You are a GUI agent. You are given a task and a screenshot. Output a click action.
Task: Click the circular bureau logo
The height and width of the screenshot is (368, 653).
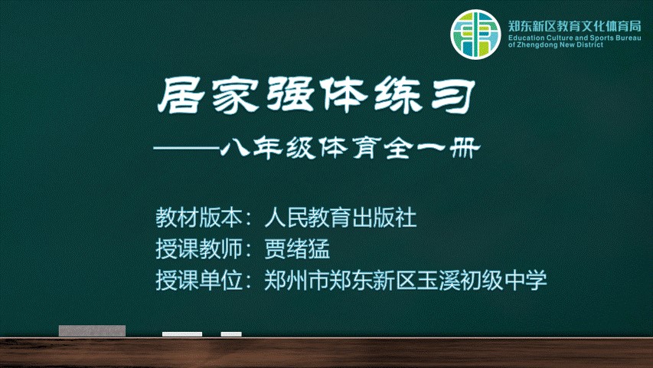pos(475,34)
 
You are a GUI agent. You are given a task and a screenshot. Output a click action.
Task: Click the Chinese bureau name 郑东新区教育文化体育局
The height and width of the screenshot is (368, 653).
pos(575,26)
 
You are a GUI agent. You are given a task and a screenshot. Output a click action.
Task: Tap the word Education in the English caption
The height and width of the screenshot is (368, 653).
pos(527,38)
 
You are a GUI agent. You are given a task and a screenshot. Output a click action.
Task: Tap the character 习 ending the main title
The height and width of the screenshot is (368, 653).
pos(453,96)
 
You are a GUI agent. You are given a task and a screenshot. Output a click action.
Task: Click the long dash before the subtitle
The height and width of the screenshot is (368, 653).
pos(187,148)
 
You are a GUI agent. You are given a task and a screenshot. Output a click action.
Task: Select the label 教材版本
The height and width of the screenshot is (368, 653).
pos(198,218)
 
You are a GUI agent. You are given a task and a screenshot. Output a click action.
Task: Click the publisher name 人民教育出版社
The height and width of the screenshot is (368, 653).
pos(341,218)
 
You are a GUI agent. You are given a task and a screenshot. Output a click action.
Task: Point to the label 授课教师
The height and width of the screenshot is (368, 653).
pos(198,248)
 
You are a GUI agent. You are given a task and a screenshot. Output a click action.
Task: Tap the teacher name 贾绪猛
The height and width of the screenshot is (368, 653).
pos(297,248)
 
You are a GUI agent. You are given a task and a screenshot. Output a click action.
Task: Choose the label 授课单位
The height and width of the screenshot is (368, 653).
pos(198,280)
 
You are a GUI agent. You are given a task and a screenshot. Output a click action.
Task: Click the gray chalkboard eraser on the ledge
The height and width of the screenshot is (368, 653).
pos(92,330)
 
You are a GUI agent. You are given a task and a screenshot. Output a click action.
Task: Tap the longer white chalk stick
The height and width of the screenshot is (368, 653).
pos(182,333)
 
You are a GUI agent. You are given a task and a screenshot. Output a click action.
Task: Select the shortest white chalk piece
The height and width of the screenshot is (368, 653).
pos(231,333)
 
